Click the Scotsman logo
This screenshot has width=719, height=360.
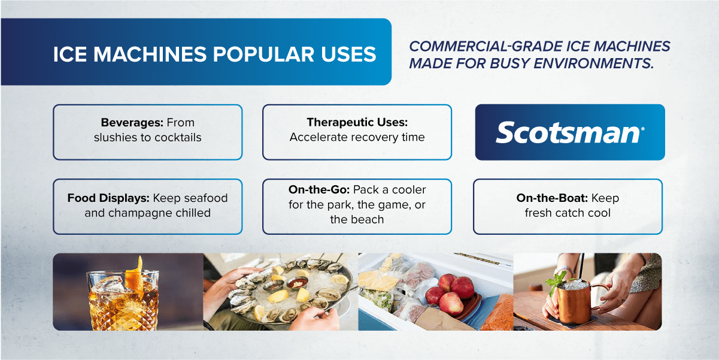click(x=570, y=132)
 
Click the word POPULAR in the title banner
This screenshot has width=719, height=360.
click(x=262, y=54)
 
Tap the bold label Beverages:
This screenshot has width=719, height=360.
click(x=132, y=122)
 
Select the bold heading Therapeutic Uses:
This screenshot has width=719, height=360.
click(x=357, y=122)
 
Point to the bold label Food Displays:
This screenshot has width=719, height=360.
click(x=108, y=198)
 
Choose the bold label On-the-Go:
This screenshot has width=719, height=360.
click(x=318, y=189)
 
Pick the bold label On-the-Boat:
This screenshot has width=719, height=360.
click(x=552, y=198)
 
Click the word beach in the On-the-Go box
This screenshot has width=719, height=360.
click(x=368, y=219)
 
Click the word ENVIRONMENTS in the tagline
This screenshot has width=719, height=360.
click(x=593, y=63)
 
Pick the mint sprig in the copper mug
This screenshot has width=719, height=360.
click(x=556, y=280)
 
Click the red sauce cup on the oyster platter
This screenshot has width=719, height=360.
click(x=297, y=283)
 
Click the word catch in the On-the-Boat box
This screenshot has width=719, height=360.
click(x=568, y=213)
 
